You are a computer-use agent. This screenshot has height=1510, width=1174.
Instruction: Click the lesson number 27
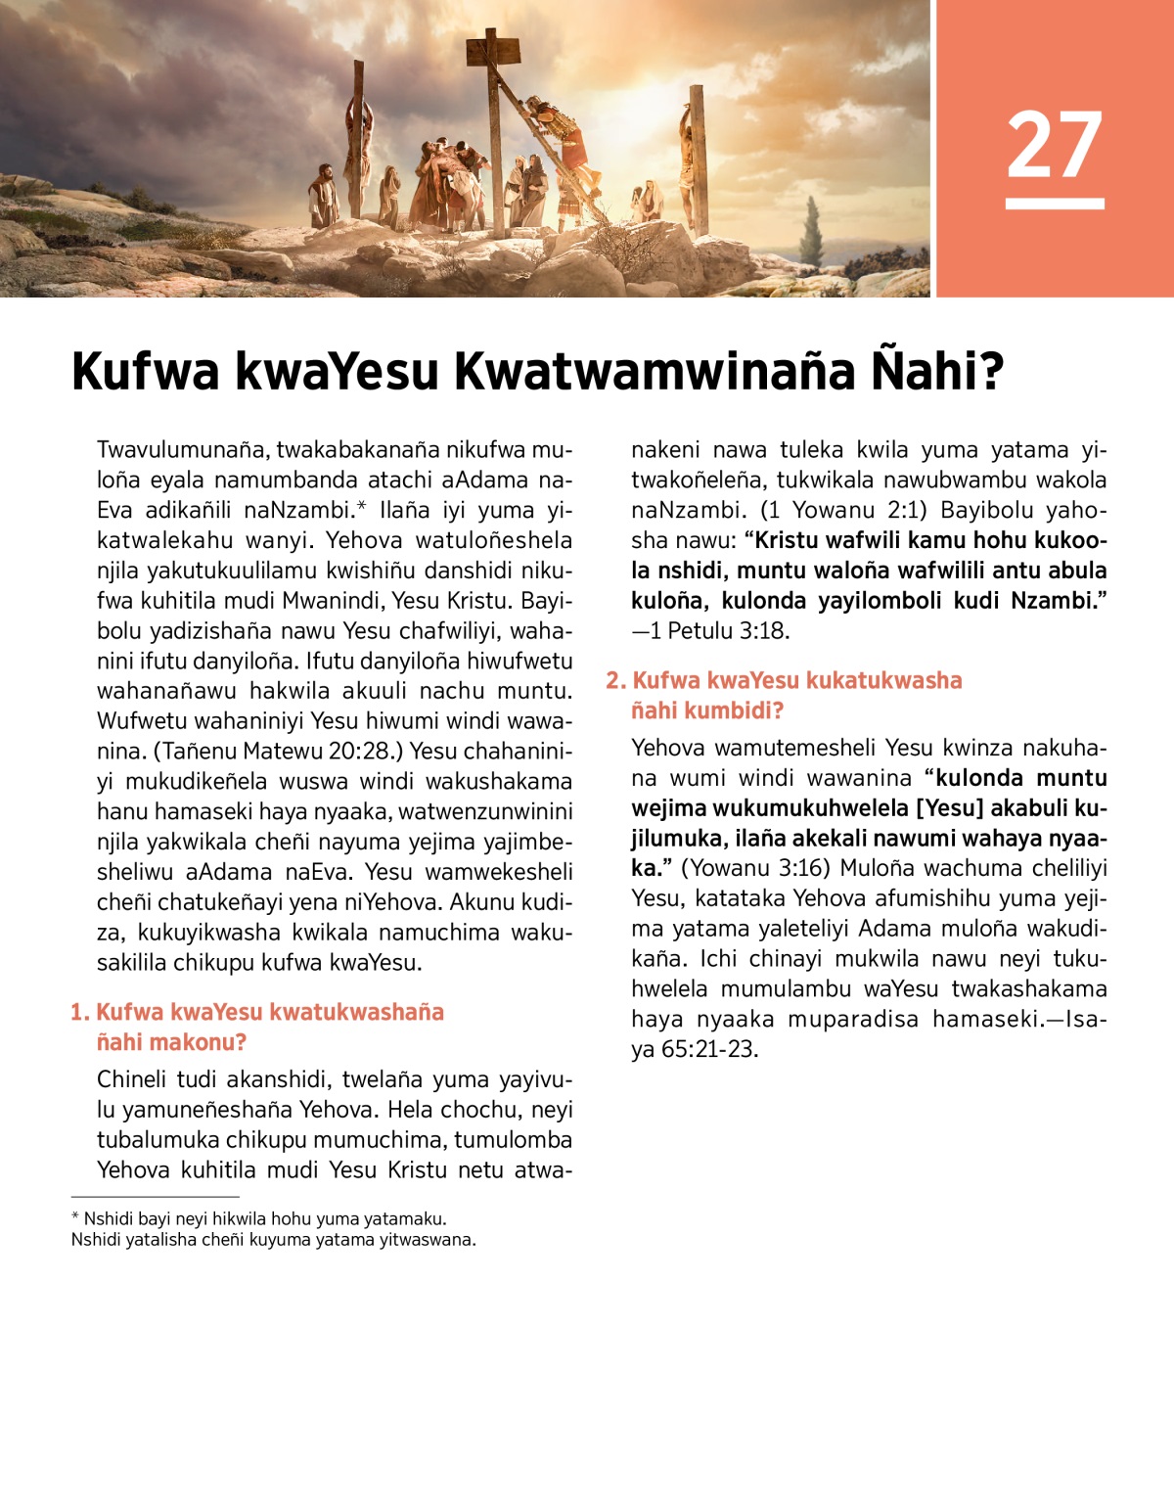click(x=1054, y=145)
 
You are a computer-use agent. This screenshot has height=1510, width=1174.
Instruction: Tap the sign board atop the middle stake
click(x=492, y=47)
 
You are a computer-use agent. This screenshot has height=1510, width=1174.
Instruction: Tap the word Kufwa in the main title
click(x=145, y=372)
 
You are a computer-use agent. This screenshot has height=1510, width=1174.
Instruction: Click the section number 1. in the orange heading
click(x=80, y=1012)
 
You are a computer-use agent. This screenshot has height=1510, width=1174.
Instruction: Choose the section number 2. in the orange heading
click(x=615, y=680)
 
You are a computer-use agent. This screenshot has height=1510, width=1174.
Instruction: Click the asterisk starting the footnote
click(x=75, y=1217)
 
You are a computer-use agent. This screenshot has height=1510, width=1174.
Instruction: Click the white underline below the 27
click(x=1054, y=204)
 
